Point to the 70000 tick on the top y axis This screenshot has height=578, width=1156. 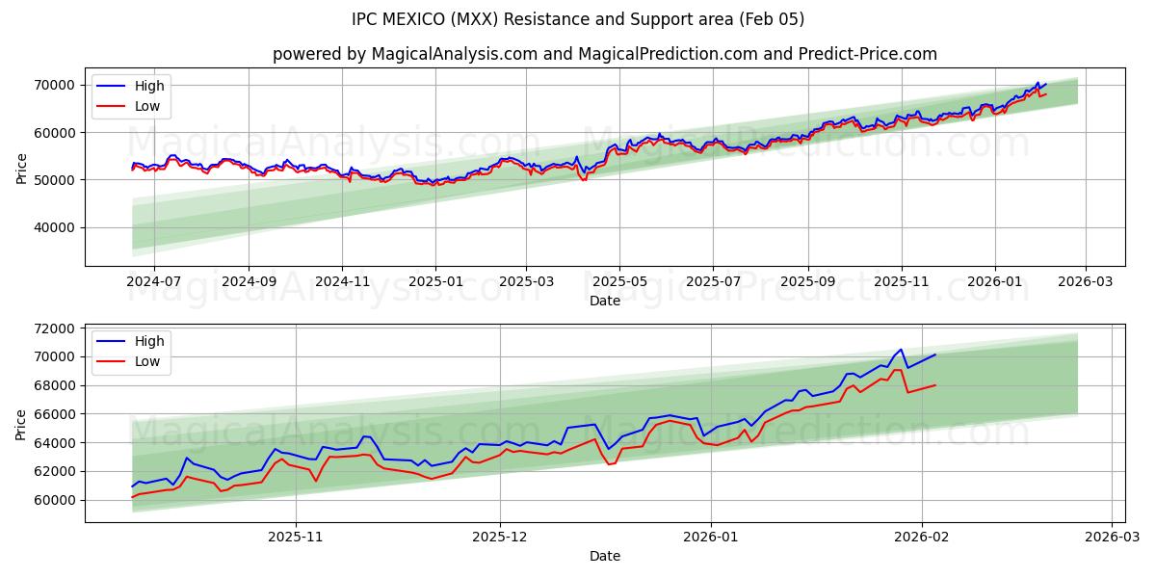click(57, 85)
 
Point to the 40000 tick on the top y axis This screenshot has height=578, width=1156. click(57, 227)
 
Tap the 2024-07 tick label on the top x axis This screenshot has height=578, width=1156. click(154, 282)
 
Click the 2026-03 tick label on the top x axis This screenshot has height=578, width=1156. click(1086, 282)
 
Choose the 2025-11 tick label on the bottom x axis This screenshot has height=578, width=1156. click(295, 538)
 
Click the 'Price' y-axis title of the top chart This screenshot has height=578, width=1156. click(21, 169)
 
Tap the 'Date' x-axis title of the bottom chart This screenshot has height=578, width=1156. click(605, 556)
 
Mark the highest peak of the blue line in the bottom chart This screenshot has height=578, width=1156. click(901, 350)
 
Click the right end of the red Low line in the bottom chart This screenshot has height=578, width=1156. click(935, 385)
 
